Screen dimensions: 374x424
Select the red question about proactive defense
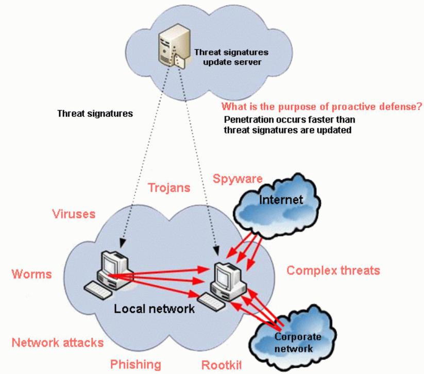click(x=322, y=107)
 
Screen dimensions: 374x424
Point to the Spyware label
click(x=238, y=179)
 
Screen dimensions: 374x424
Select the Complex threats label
click(x=327, y=270)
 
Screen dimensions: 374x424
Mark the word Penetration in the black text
click(x=245, y=120)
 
